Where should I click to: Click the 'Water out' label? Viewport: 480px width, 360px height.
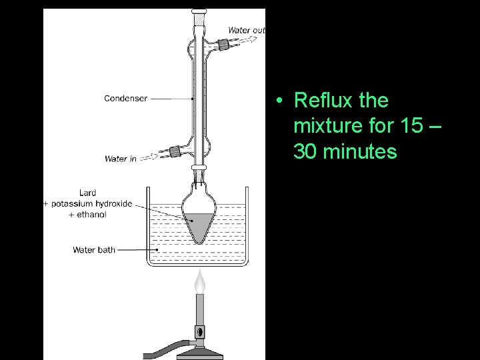click(246, 30)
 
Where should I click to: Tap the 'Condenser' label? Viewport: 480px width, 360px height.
click(125, 99)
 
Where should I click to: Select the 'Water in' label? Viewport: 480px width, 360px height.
click(120, 159)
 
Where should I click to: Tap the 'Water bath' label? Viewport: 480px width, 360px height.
click(94, 250)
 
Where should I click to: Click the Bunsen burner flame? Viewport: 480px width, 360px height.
click(199, 283)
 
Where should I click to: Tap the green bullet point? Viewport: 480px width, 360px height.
click(283, 101)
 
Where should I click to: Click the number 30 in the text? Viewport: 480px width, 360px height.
click(305, 152)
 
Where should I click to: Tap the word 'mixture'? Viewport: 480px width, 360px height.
click(325, 127)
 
